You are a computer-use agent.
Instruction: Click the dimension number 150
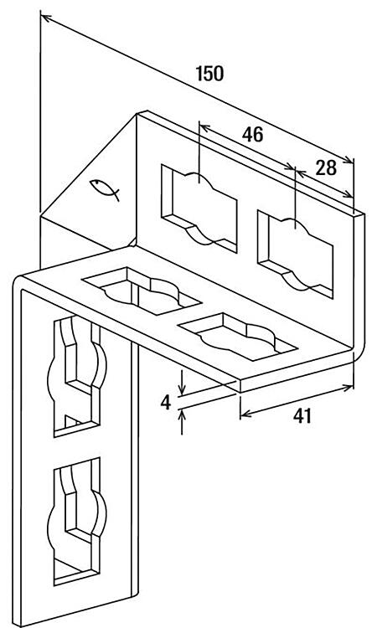point(209,74)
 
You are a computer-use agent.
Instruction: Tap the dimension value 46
point(252,135)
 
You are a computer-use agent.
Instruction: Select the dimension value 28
point(326,168)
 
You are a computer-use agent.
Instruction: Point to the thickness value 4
point(166,403)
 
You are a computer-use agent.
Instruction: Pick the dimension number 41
point(302,416)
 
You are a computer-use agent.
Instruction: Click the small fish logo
point(105,189)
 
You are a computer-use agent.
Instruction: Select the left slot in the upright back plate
point(199,208)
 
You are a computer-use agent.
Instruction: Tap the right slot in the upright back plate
point(295,255)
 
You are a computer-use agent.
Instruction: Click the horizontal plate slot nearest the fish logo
point(141,291)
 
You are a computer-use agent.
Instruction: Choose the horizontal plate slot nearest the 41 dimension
point(238,337)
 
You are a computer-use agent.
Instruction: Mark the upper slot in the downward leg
point(77,376)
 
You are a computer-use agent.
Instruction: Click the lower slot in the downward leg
point(77,521)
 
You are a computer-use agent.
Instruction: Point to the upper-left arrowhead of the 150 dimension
point(46,18)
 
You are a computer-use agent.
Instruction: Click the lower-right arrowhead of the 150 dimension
point(349,160)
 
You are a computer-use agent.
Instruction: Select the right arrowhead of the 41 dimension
point(348,388)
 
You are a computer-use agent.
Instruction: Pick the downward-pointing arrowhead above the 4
point(182,389)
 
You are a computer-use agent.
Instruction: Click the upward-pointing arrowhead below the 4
point(182,415)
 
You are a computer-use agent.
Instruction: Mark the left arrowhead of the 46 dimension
point(204,128)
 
